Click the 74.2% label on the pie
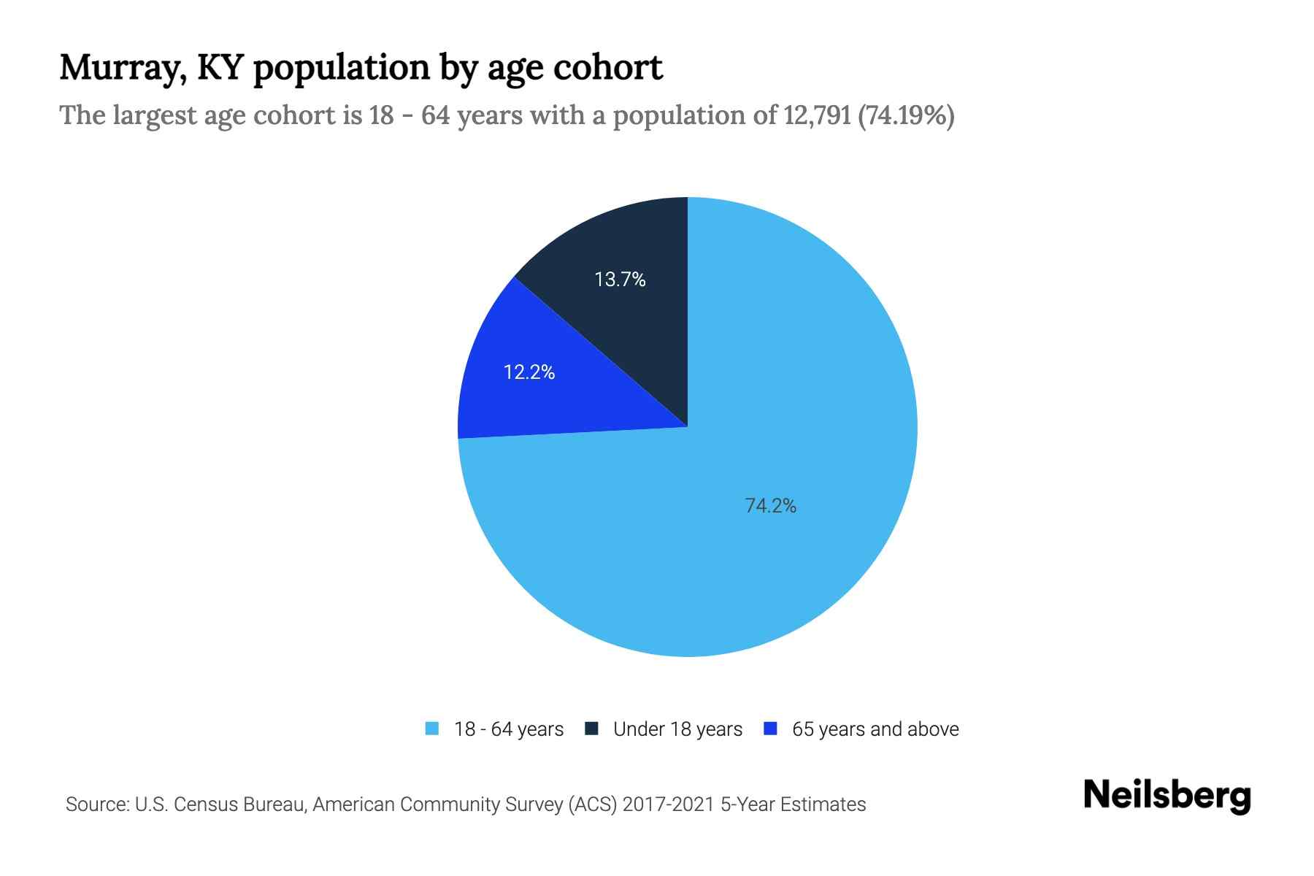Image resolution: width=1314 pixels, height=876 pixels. (x=770, y=505)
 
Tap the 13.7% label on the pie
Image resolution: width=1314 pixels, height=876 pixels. (x=620, y=280)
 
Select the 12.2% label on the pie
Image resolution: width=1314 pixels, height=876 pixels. (x=529, y=372)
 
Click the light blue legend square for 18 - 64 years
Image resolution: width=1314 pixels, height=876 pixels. (x=432, y=729)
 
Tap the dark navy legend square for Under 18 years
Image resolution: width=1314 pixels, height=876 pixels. (x=592, y=729)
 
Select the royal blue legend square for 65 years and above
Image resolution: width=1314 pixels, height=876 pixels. (x=770, y=729)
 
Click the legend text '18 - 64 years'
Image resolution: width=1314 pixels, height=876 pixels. (x=509, y=729)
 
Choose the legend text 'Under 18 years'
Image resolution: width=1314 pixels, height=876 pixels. (x=677, y=729)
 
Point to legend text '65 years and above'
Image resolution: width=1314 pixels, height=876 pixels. (x=875, y=729)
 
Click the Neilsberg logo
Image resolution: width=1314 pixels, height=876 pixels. (x=1167, y=795)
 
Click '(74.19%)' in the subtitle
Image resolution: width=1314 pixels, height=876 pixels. (x=906, y=115)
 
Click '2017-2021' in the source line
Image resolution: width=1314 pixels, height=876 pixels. (x=669, y=804)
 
